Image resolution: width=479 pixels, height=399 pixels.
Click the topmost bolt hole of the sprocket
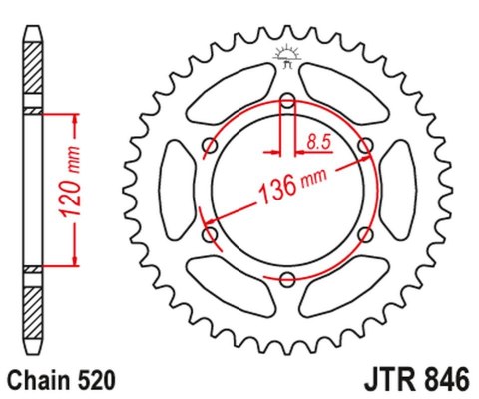click(287, 100)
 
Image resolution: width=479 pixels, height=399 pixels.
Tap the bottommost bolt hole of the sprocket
click(287, 280)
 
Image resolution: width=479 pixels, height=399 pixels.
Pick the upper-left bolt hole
click(210, 146)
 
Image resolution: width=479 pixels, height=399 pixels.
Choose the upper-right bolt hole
click(366, 146)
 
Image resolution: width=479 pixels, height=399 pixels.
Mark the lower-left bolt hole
click(210, 235)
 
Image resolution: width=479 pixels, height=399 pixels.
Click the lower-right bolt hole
click(366, 235)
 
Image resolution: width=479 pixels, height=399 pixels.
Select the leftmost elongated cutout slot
click(176, 190)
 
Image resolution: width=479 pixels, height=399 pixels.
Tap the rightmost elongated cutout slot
click(400, 190)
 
